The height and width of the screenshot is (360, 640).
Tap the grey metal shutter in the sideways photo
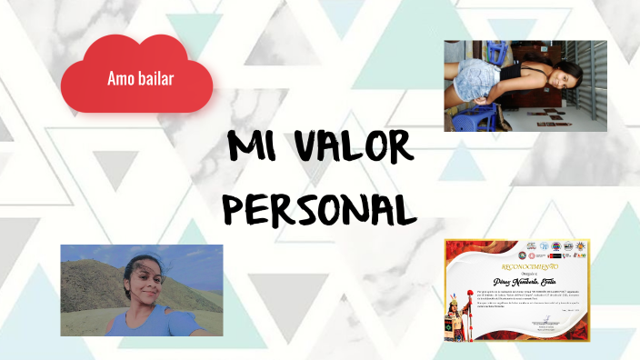click(595, 82)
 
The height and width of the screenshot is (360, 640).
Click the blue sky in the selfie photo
click(182, 259)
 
